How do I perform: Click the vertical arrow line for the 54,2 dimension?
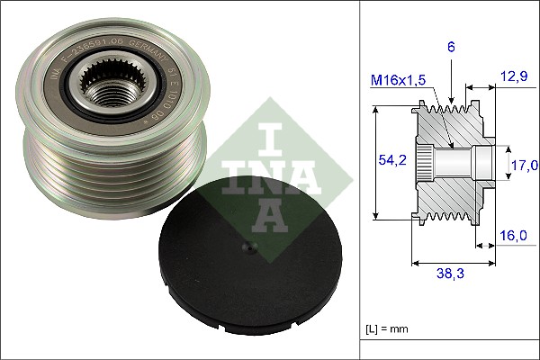click(x=374, y=162)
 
